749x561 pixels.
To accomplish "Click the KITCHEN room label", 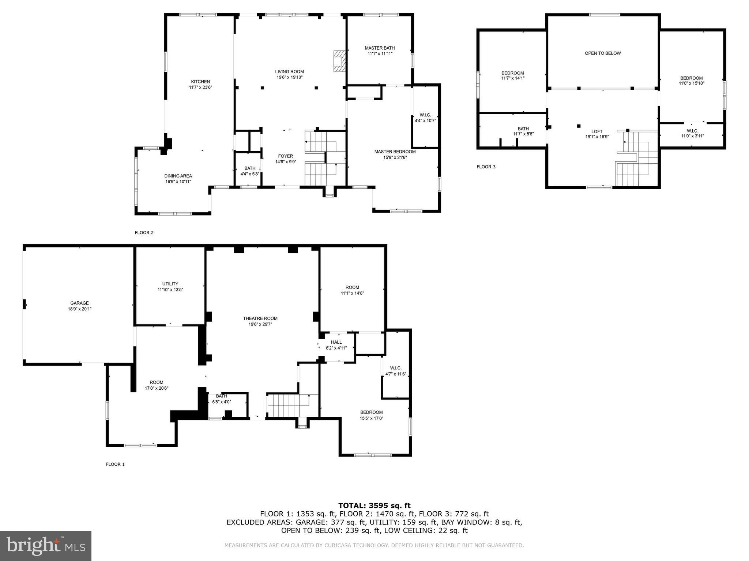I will (200, 82).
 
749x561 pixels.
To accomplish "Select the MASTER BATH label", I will (380, 48).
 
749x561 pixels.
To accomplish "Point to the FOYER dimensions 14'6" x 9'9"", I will (285, 162).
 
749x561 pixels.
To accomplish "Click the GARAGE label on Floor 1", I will (79, 303).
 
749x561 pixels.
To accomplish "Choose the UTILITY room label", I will (170, 284).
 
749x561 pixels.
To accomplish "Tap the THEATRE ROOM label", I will (260, 318).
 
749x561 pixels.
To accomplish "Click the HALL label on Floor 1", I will (336, 342).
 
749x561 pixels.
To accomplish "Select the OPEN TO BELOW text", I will (602, 53).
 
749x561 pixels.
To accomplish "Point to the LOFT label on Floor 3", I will (596, 132).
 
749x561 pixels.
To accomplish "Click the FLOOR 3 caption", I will (486, 167).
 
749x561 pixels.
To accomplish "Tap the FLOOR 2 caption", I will (144, 233).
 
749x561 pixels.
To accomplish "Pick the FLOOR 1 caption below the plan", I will (115, 465).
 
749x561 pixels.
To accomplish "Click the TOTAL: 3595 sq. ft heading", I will (374, 505).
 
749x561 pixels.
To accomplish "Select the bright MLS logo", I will (46, 546).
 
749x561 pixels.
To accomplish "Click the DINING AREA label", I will (178, 176).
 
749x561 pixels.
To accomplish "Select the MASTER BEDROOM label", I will (395, 152).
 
